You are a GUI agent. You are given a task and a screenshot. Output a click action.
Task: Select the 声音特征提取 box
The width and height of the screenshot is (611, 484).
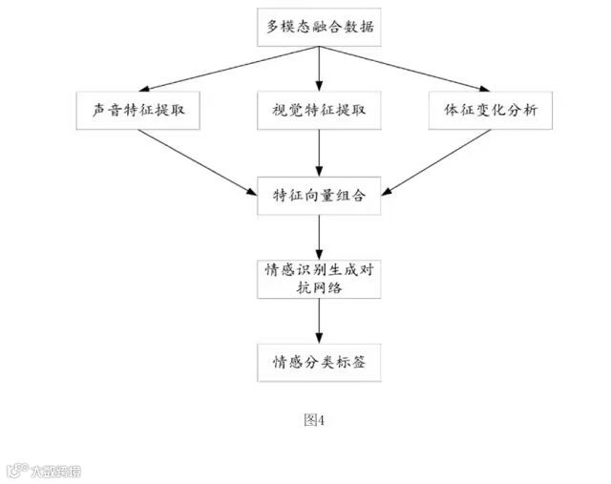(x=138, y=110)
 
